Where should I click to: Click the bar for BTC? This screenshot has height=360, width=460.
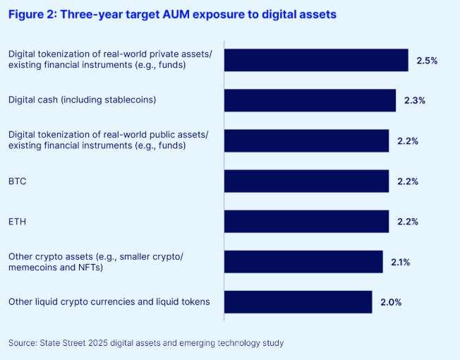pyautogui.click(x=306, y=181)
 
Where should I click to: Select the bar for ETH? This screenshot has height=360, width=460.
pyautogui.click(x=306, y=222)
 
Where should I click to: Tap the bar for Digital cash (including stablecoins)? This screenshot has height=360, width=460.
pyautogui.click(x=310, y=100)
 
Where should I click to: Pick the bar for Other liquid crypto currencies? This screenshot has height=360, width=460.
pyautogui.click(x=298, y=302)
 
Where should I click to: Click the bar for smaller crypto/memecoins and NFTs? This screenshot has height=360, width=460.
pyautogui.click(x=303, y=262)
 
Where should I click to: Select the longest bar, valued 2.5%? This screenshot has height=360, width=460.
pyautogui.click(x=316, y=60)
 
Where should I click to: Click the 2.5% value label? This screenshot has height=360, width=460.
pyautogui.click(x=427, y=61)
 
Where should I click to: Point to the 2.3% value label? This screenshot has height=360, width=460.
pyautogui.click(x=415, y=101)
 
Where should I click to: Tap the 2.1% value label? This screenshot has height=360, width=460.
pyautogui.click(x=401, y=263)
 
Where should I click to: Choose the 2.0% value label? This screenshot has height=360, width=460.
pyautogui.click(x=391, y=303)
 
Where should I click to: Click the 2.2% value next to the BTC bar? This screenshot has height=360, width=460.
pyautogui.click(x=408, y=181)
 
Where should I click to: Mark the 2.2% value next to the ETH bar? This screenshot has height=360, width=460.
pyautogui.click(x=408, y=222)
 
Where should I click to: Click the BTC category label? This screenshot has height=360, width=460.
pyautogui.click(x=17, y=181)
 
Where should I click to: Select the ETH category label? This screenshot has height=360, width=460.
pyautogui.click(x=17, y=222)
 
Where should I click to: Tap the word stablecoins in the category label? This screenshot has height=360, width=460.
pyautogui.click(x=128, y=100)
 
